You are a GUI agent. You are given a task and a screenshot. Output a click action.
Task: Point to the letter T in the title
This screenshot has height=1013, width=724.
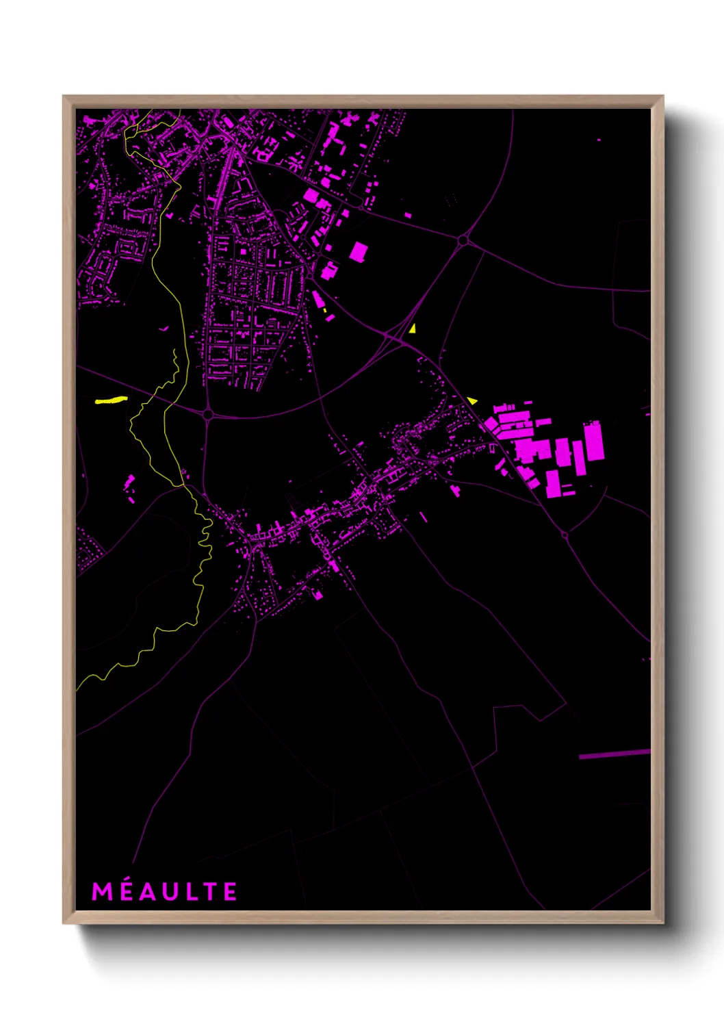pyautogui.click(x=209, y=892)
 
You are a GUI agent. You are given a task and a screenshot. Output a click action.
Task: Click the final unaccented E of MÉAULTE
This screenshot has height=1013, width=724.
pyautogui.click(x=230, y=892)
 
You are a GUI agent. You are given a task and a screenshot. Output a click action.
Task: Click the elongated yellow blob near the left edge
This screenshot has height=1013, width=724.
pyautogui.click(x=111, y=400)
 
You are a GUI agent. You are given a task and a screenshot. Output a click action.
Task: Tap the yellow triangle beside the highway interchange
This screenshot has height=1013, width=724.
pyautogui.click(x=412, y=329)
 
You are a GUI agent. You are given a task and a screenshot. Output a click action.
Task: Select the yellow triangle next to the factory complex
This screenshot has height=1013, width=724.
pyautogui.click(x=472, y=400)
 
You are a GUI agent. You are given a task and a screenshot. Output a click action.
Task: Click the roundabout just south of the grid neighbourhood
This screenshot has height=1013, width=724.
pyautogui.click(x=208, y=414)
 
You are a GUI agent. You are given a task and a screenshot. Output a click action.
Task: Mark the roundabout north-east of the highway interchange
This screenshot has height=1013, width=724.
pyautogui.click(x=463, y=240)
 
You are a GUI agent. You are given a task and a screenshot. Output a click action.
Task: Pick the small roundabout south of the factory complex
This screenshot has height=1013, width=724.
pyautogui.click(x=565, y=535)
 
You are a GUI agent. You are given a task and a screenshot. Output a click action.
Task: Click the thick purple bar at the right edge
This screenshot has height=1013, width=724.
pyautogui.click(x=614, y=754)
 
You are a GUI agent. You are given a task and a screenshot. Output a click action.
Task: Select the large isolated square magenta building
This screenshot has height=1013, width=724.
pyautogui.click(x=359, y=251)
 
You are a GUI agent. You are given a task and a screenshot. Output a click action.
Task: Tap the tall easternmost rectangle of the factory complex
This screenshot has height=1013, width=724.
pyautogui.click(x=593, y=441)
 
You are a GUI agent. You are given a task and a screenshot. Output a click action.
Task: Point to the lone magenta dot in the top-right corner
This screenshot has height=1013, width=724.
pyautogui.click(x=599, y=140)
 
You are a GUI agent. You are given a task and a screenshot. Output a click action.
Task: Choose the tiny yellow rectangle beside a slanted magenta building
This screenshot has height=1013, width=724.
pyautogui.click(x=326, y=311)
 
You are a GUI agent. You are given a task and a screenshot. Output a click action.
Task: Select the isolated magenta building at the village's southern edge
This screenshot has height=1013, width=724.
pyautogui.click(x=318, y=595)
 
